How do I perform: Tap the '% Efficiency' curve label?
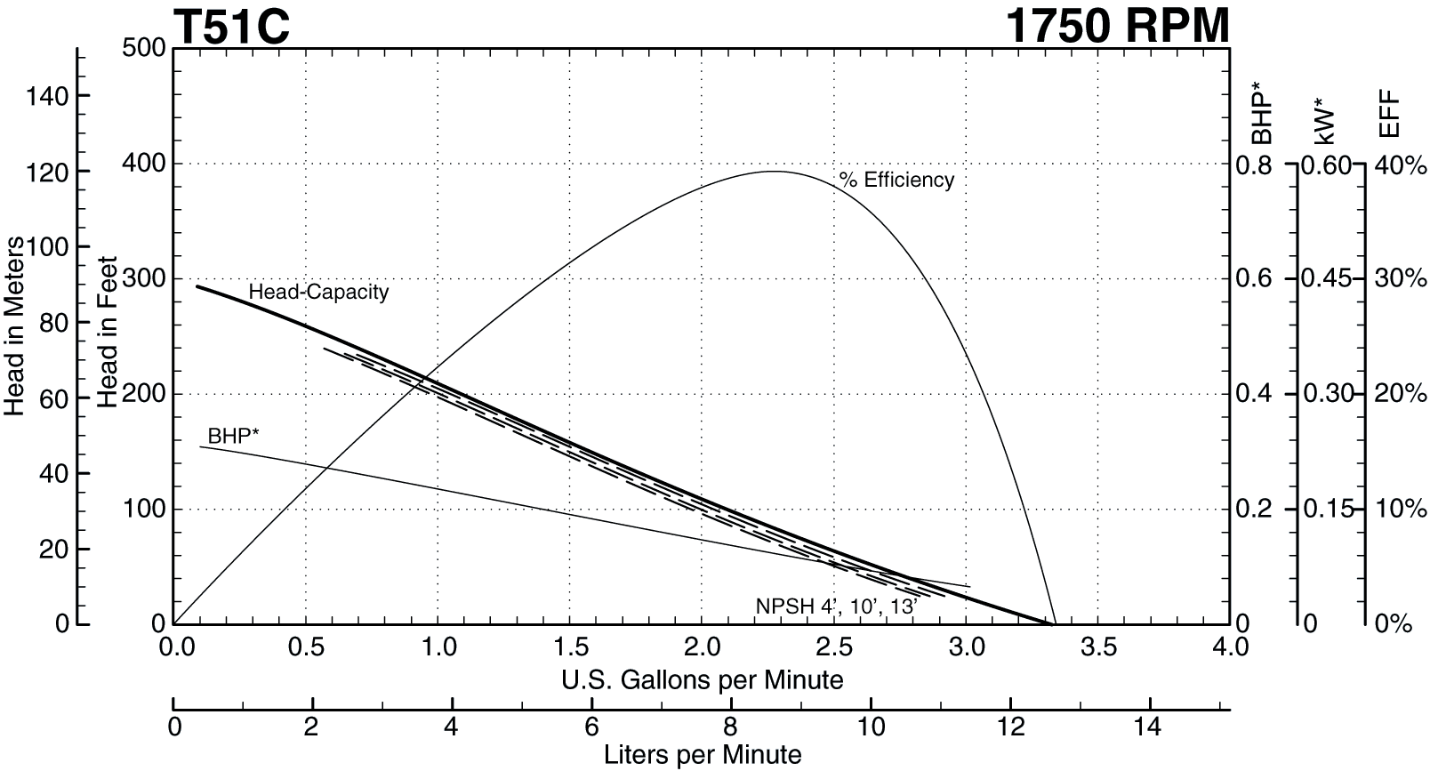(x=896, y=181)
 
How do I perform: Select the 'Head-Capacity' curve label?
(x=318, y=292)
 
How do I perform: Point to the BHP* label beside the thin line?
(x=233, y=436)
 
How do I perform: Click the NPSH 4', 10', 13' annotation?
(x=836, y=606)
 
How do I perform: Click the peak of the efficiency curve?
(x=775, y=172)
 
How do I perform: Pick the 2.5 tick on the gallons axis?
(x=834, y=647)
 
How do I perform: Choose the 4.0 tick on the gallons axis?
(x=1229, y=647)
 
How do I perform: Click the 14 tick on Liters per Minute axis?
(x=1148, y=727)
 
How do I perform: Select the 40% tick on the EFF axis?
(x=1401, y=165)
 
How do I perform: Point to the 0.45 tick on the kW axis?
(x=1326, y=278)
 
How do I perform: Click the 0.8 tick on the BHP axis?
(x=1254, y=165)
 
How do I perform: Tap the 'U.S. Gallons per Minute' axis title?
(x=702, y=680)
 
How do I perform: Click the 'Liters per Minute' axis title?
(x=702, y=755)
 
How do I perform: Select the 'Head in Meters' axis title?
(x=14, y=326)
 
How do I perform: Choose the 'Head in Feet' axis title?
(x=108, y=333)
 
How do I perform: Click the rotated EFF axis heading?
(x=1388, y=115)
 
